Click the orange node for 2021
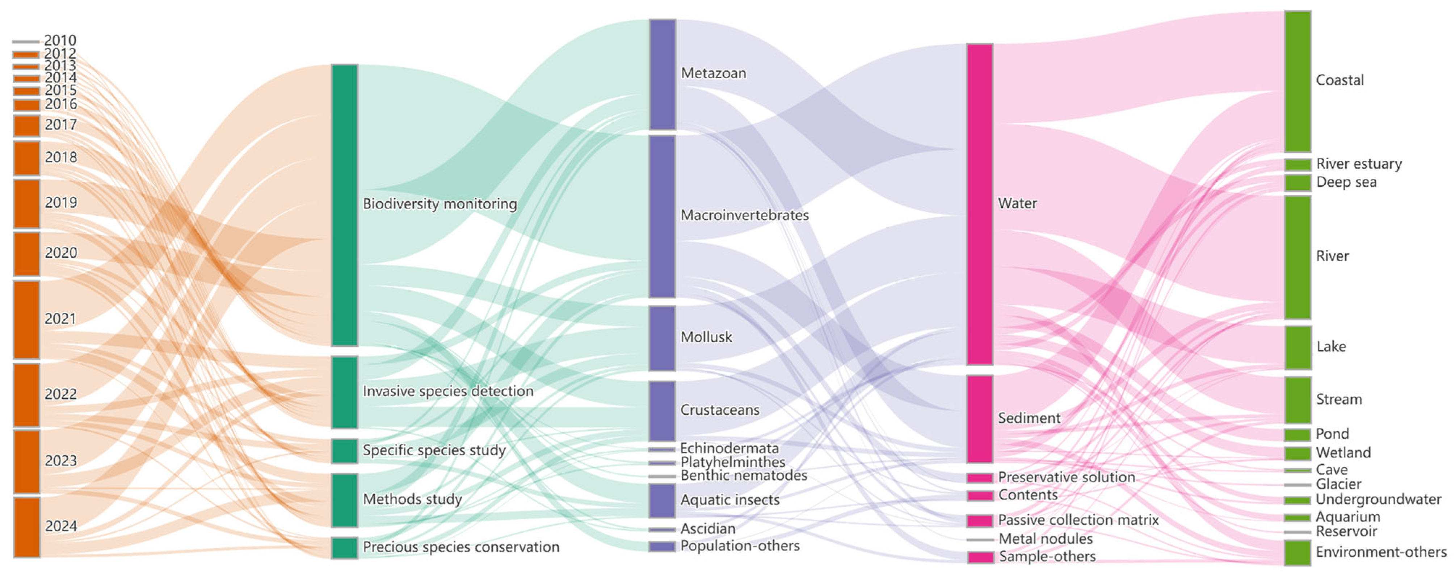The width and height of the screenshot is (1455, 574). point(26,320)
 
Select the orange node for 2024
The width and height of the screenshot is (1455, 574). point(26,527)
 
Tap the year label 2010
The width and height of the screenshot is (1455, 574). point(60,41)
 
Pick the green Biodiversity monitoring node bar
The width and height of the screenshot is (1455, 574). point(345,205)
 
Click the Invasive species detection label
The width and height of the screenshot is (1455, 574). point(447,391)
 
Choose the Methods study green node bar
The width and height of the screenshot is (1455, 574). point(345,500)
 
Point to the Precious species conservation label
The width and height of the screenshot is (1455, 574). point(461,547)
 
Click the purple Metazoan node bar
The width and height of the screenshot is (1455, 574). point(663,75)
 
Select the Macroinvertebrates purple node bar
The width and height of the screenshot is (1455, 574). point(663,216)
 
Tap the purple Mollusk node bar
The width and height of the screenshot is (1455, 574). point(663,338)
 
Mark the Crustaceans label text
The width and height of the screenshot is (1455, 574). point(720,410)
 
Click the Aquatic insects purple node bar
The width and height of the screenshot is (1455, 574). point(663,501)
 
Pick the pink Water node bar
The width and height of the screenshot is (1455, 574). point(980,204)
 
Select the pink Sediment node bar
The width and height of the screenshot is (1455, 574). point(980,419)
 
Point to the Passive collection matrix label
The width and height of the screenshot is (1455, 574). point(1078,520)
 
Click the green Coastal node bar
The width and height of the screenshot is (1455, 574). point(1298,81)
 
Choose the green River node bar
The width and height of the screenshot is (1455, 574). point(1298,257)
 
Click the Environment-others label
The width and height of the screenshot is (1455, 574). point(1380,552)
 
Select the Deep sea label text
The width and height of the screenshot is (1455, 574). point(1346,182)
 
